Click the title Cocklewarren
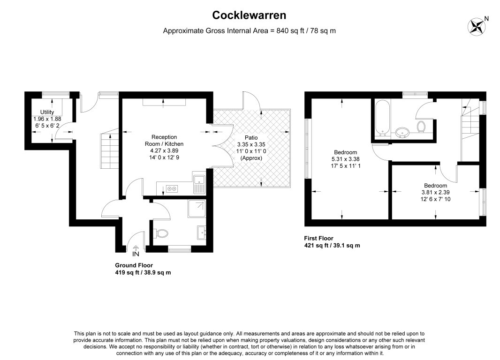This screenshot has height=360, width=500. click(x=249, y=15)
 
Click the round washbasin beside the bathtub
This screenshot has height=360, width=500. click(x=402, y=132)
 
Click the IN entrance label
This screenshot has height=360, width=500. click(x=136, y=255)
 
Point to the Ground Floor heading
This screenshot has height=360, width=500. click(x=134, y=265)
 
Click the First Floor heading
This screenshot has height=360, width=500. click(x=318, y=239)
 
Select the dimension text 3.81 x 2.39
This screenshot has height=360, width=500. click(x=436, y=192)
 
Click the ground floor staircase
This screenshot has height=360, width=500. click(x=108, y=150)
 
